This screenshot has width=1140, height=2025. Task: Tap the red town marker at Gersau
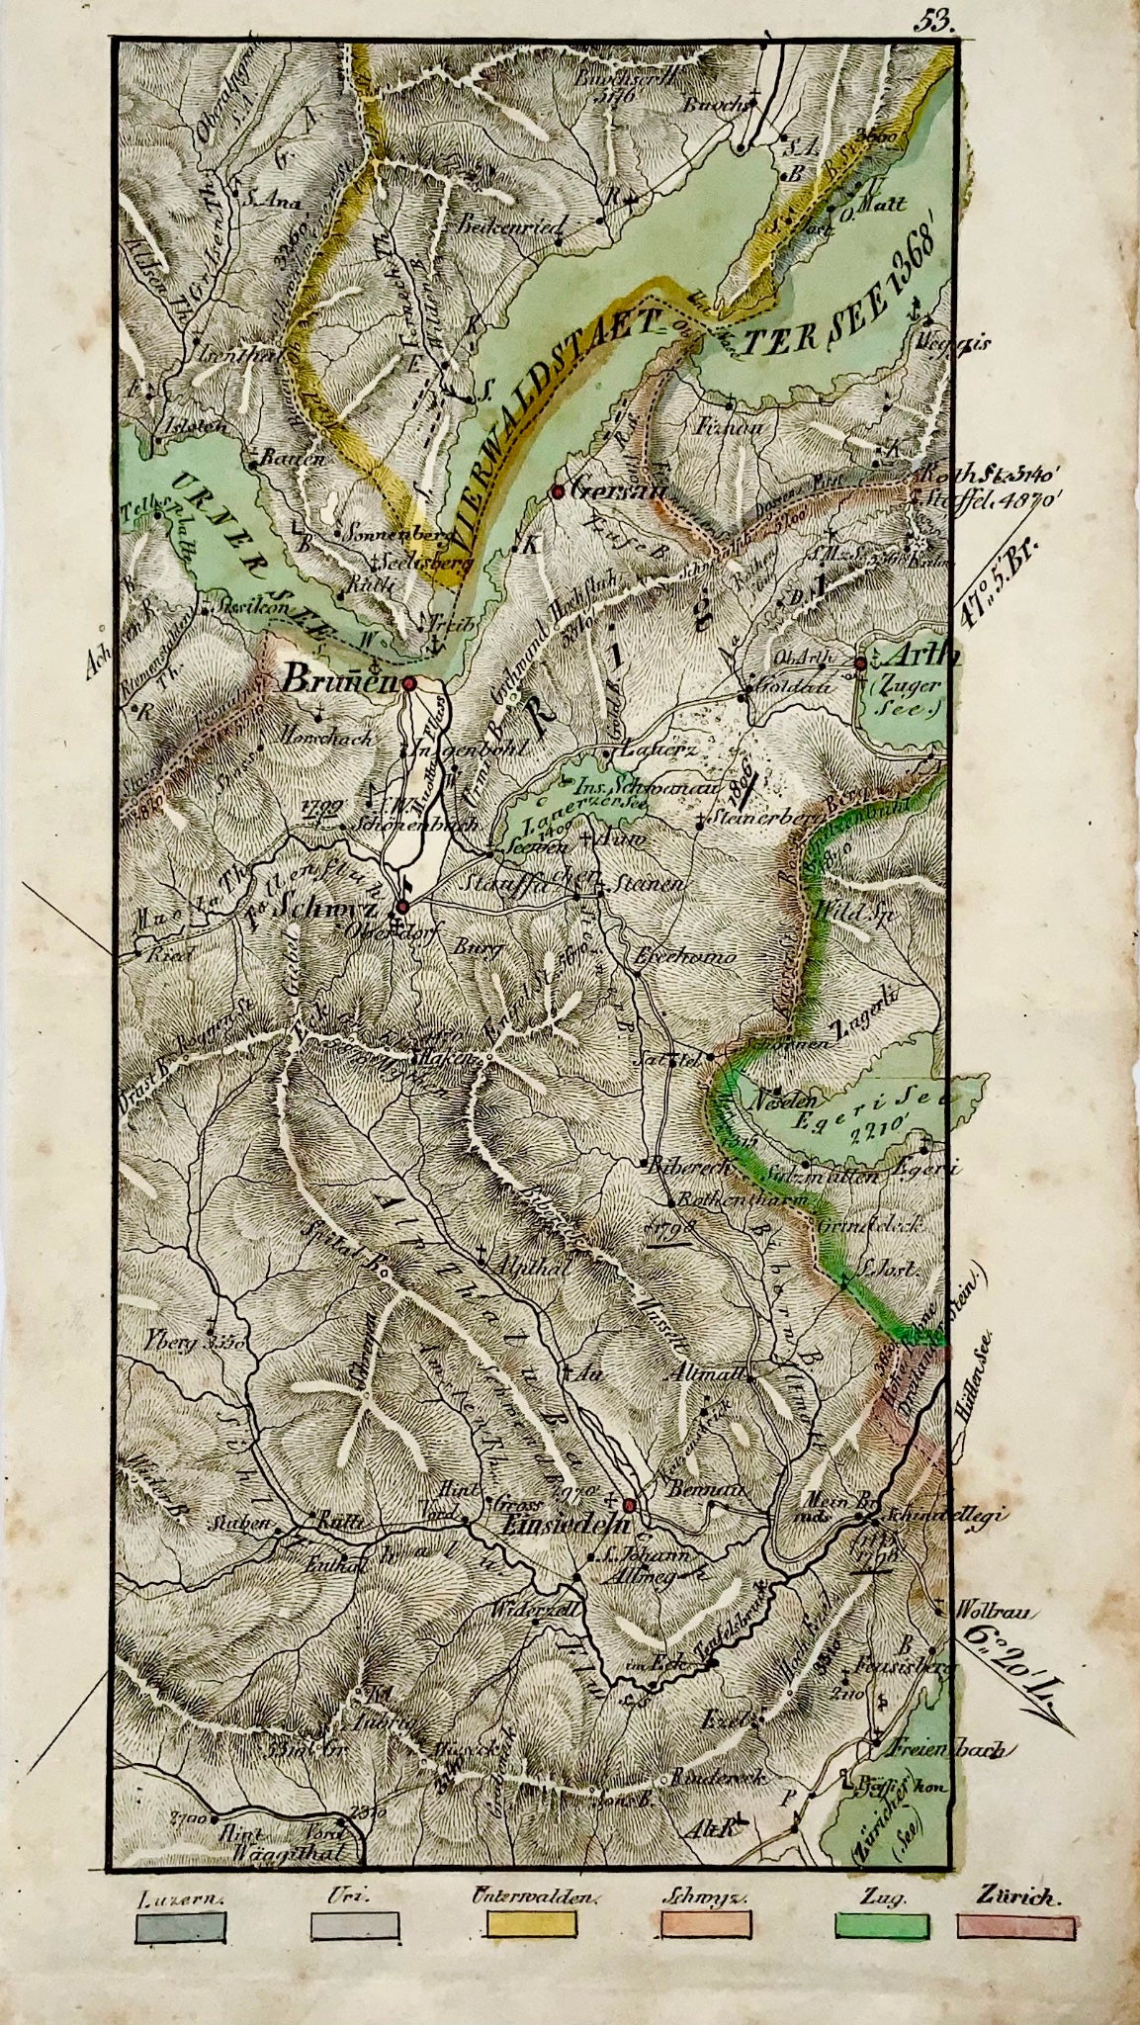[x=559, y=490]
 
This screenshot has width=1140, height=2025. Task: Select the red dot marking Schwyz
[x=402, y=907]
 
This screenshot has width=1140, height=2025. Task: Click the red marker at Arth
[x=861, y=663]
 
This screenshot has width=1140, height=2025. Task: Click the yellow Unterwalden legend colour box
[x=530, y=1954]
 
